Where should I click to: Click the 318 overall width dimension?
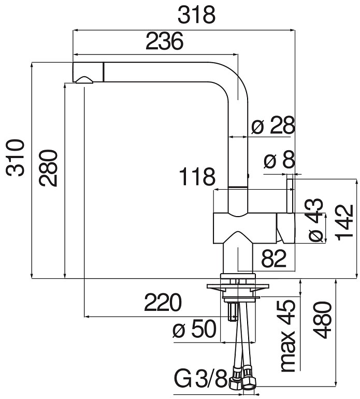tap(196, 15)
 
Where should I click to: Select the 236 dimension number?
tap(164, 41)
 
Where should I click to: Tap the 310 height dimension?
tap(15, 158)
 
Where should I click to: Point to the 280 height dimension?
tap(48, 168)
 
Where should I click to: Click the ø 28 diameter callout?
tap(273, 125)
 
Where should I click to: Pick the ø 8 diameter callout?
tap(279, 160)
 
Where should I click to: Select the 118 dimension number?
tap(197, 177)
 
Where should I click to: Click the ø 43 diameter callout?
tap(315, 220)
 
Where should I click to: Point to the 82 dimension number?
tap(273, 258)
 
